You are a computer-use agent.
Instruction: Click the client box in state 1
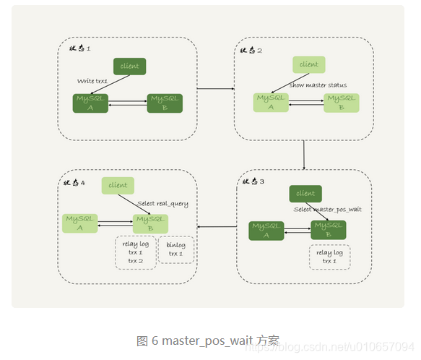(129, 66)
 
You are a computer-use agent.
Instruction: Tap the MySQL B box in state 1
(165, 103)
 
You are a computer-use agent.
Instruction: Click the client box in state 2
(308, 64)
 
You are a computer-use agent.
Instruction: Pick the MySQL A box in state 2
(271, 102)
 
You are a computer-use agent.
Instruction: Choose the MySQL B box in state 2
(342, 102)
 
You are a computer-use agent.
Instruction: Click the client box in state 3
(305, 193)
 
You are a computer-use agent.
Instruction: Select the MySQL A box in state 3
(266, 230)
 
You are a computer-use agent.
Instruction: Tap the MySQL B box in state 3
(329, 230)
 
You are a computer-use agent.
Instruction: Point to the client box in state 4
(118, 185)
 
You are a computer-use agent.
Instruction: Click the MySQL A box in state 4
(79, 223)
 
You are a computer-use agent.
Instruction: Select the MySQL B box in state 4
(151, 223)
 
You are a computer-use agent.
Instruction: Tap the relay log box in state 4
(136, 252)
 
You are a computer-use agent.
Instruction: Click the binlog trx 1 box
(175, 250)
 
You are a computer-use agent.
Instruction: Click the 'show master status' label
(318, 85)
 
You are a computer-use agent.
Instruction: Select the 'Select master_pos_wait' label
(327, 210)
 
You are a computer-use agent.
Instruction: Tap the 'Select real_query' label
(162, 204)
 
